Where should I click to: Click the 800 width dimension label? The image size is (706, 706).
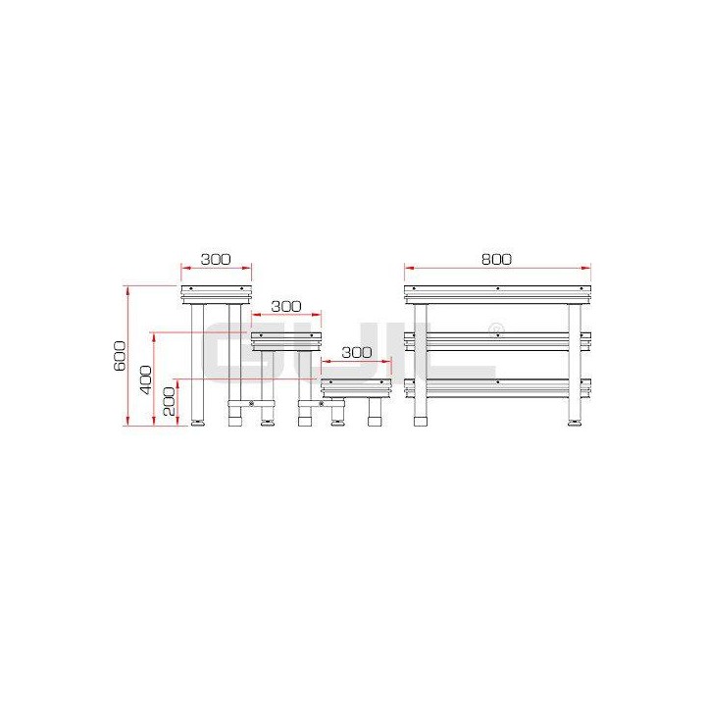[496, 259]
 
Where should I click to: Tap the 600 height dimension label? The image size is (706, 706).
[120, 356]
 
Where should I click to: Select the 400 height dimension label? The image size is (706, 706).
[147, 379]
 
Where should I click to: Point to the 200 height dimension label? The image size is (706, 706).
[170, 401]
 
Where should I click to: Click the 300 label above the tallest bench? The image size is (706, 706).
[216, 259]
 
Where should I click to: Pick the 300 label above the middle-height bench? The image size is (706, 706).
[286, 306]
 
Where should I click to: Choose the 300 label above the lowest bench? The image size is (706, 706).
[357, 352]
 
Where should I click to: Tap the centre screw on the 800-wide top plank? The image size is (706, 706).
[497, 288]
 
